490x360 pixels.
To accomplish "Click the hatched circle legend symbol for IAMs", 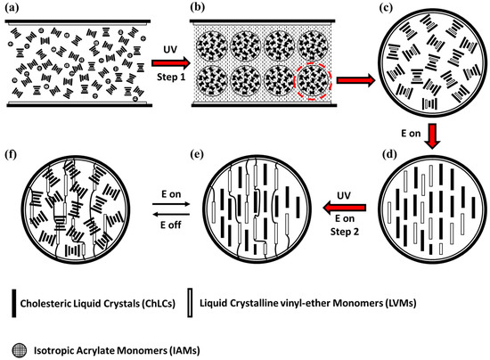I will pos(17,341).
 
